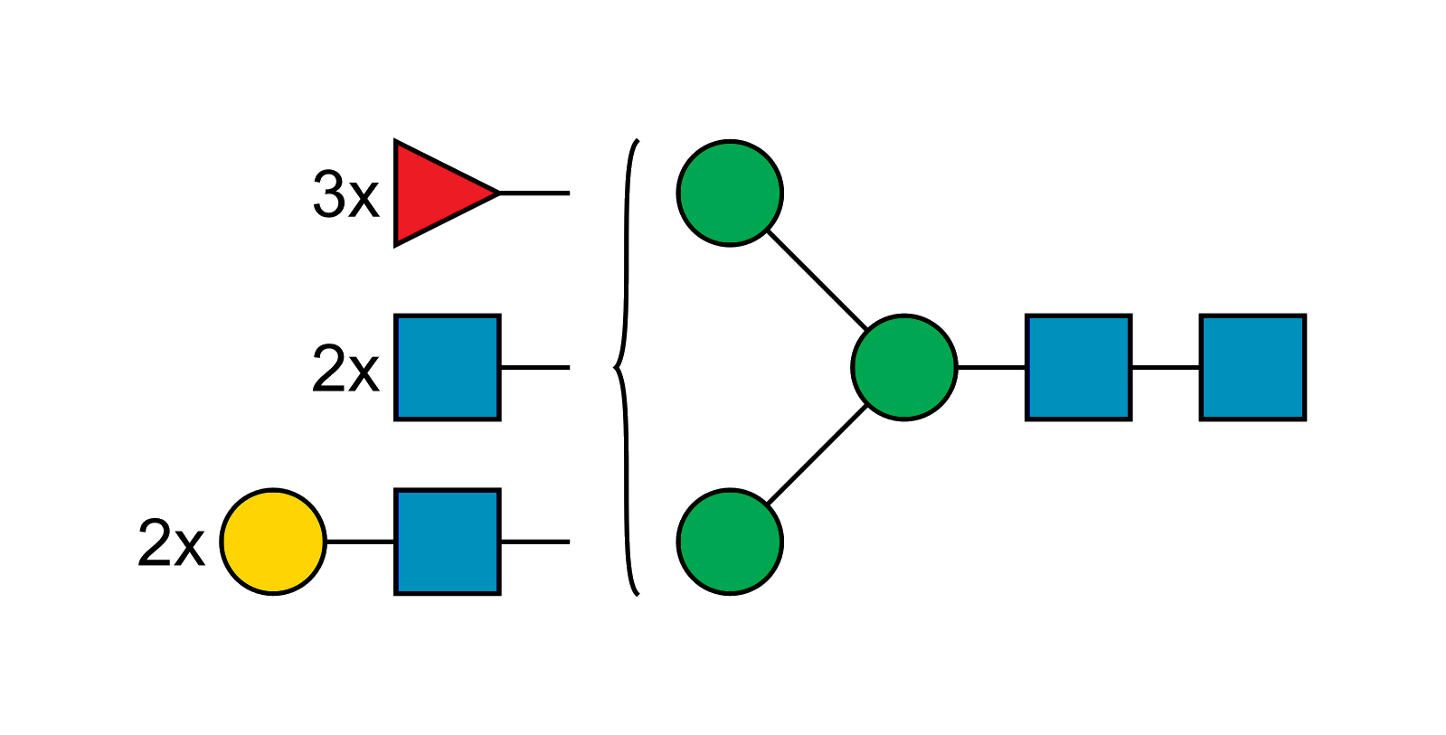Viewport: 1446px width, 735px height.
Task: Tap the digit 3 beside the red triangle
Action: tap(327, 194)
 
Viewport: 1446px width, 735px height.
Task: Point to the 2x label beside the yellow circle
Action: tap(171, 543)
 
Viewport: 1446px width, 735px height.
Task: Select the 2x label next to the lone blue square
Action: tap(345, 369)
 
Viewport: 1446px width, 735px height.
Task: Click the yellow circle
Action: tap(273, 542)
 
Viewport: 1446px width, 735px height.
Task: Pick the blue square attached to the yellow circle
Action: tap(448, 542)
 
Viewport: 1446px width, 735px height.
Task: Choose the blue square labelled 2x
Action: tap(448, 367)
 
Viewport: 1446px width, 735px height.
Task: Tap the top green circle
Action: tap(730, 193)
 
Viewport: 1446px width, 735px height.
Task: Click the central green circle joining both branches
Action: tap(904, 367)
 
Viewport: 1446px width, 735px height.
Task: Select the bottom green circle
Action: tap(730, 542)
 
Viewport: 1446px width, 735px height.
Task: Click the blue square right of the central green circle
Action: tap(1079, 367)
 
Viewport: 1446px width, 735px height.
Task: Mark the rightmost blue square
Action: tap(1252, 367)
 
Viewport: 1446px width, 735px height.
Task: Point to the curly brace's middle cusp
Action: tap(614, 367)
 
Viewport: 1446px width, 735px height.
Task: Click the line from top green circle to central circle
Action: tap(817, 279)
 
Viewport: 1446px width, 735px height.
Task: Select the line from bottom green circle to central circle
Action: tap(817, 455)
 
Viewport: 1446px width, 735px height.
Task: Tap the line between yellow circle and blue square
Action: tap(360, 541)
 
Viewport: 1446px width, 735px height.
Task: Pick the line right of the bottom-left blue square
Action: tap(534, 541)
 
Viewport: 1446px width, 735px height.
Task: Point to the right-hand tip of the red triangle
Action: tap(496, 193)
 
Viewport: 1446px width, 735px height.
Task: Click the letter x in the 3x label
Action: tap(363, 197)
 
